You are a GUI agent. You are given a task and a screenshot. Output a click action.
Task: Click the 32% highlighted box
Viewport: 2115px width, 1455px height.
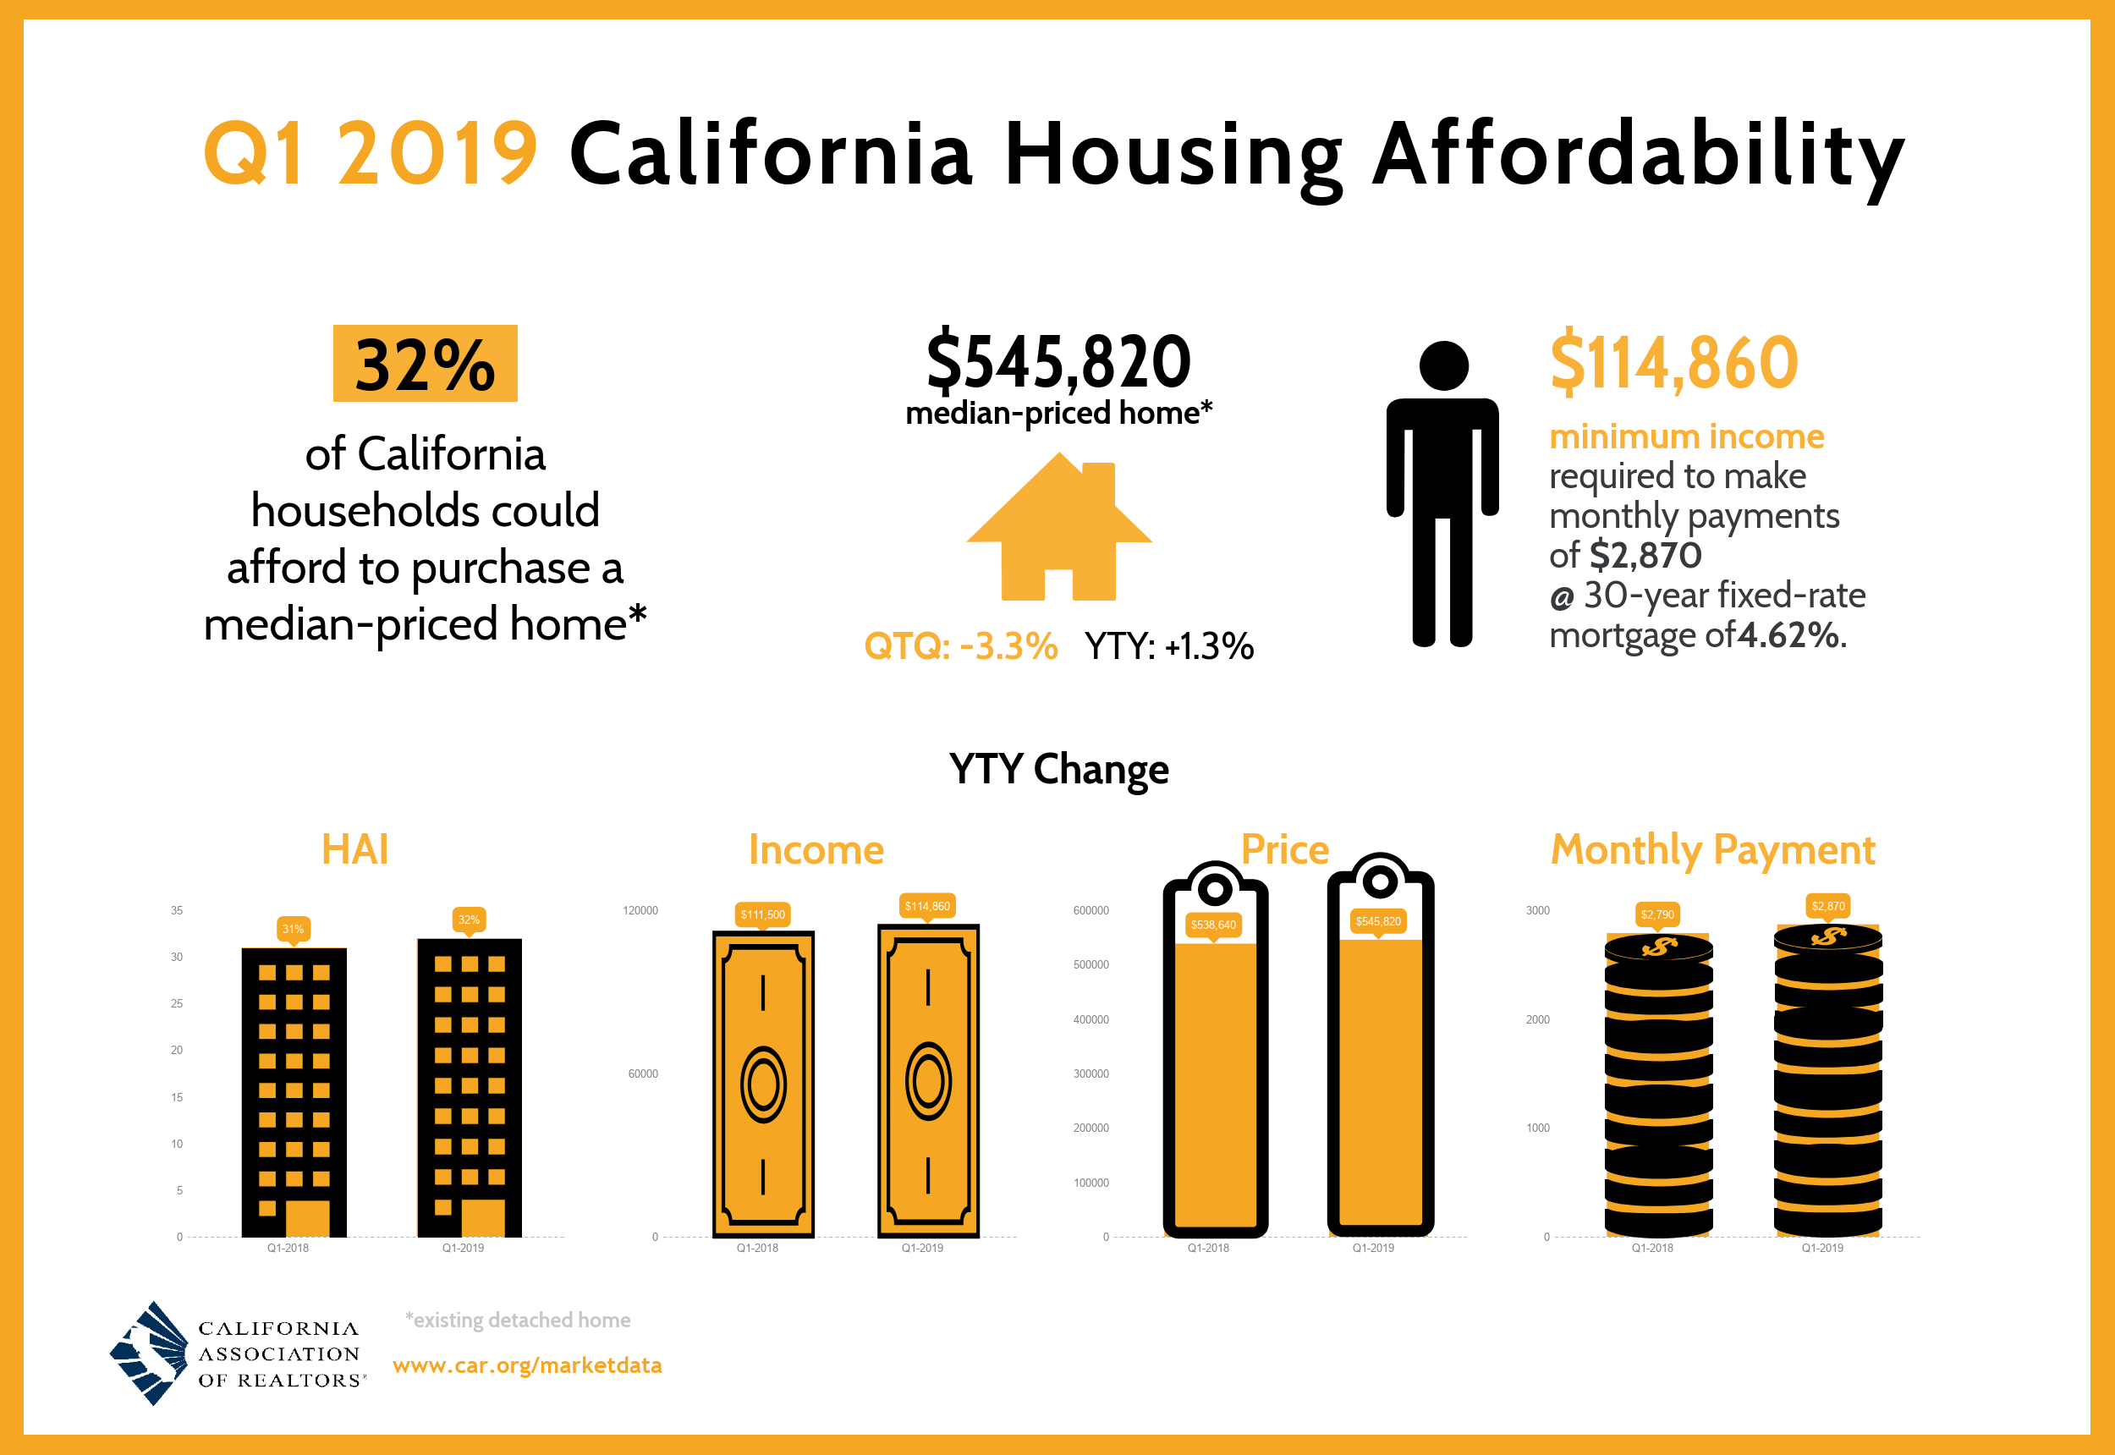[425, 364]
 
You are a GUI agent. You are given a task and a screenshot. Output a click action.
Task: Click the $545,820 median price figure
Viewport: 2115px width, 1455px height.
[1058, 362]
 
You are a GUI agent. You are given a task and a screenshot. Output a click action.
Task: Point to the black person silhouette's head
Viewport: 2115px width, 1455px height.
[1443, 365]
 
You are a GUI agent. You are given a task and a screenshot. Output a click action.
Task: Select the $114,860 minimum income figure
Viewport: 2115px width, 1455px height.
[1673, 363]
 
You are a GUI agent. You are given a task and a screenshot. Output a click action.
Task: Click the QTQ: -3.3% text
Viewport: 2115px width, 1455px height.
[960, 646]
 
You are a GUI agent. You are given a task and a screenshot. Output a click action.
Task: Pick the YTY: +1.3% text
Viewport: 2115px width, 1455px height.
[1168, 646]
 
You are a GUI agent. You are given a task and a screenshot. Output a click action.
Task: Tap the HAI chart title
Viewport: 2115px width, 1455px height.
[354, 849]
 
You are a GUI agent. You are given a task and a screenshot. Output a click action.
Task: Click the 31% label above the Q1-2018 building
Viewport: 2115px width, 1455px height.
[293, 929]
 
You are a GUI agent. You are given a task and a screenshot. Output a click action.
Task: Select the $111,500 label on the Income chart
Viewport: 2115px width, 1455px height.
[762, 914]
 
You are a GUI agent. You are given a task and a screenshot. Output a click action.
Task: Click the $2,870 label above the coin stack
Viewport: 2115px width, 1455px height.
[1828, 906]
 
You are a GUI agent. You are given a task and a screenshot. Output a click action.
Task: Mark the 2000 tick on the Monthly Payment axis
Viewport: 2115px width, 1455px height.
[1537, 1019]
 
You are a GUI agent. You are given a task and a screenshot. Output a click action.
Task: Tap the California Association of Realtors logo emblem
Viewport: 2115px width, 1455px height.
[149, 1353]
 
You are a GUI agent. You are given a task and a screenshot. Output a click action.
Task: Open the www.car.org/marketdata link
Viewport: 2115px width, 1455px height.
[527, 1364]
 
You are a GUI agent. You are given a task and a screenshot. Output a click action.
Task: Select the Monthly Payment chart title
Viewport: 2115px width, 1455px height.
[1712, 849]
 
